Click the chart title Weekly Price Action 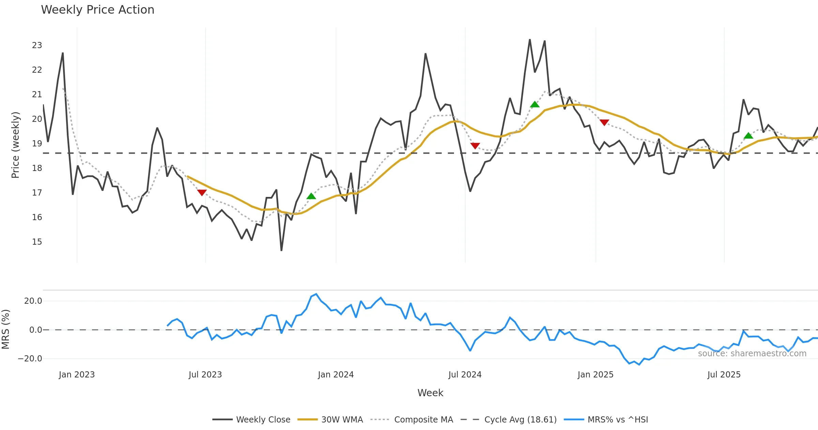97,10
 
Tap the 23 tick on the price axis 37,45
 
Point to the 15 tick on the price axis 37,242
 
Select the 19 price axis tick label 37,144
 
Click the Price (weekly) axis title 16,145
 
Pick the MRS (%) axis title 5,329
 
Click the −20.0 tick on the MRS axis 30,359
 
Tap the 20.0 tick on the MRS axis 33,301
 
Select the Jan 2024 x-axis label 336,375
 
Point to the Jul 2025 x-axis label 724,375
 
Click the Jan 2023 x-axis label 77,375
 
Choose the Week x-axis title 430,393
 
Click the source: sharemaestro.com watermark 752,354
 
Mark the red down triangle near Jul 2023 202,193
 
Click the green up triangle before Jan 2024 311,196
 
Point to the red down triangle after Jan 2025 604,123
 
